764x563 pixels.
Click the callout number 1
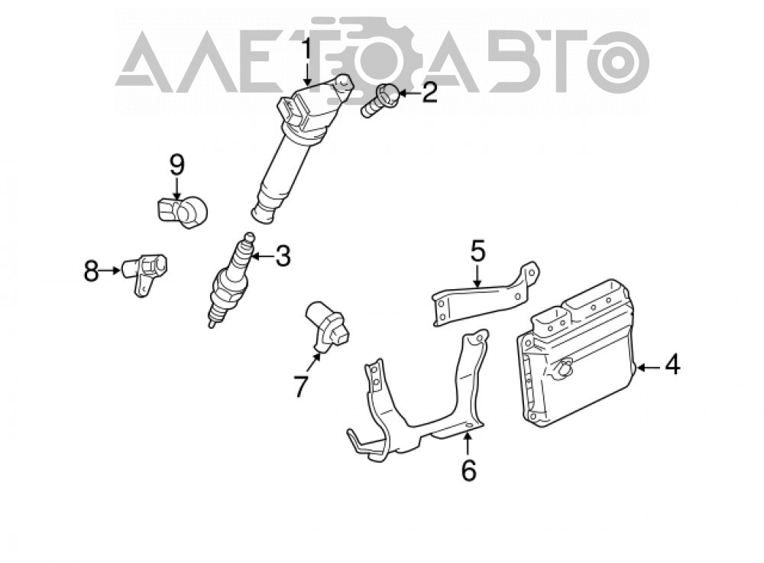point(306,50)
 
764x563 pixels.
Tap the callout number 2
point(429,93)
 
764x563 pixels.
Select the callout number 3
point(283,256)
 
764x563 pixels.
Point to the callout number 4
point(672,365)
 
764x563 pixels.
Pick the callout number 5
point(478,250)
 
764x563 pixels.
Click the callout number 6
point(468,470)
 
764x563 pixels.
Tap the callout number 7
point(300,386)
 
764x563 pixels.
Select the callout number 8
point(91,272)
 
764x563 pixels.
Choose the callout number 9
point(177,165)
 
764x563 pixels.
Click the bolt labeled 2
point(379,100)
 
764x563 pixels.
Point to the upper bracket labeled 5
point(485,295)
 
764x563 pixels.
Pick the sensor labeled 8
point(144,273)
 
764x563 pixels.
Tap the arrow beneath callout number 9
point(177,188)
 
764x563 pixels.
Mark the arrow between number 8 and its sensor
point(111,270)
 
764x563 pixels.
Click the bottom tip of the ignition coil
point(260,218)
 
